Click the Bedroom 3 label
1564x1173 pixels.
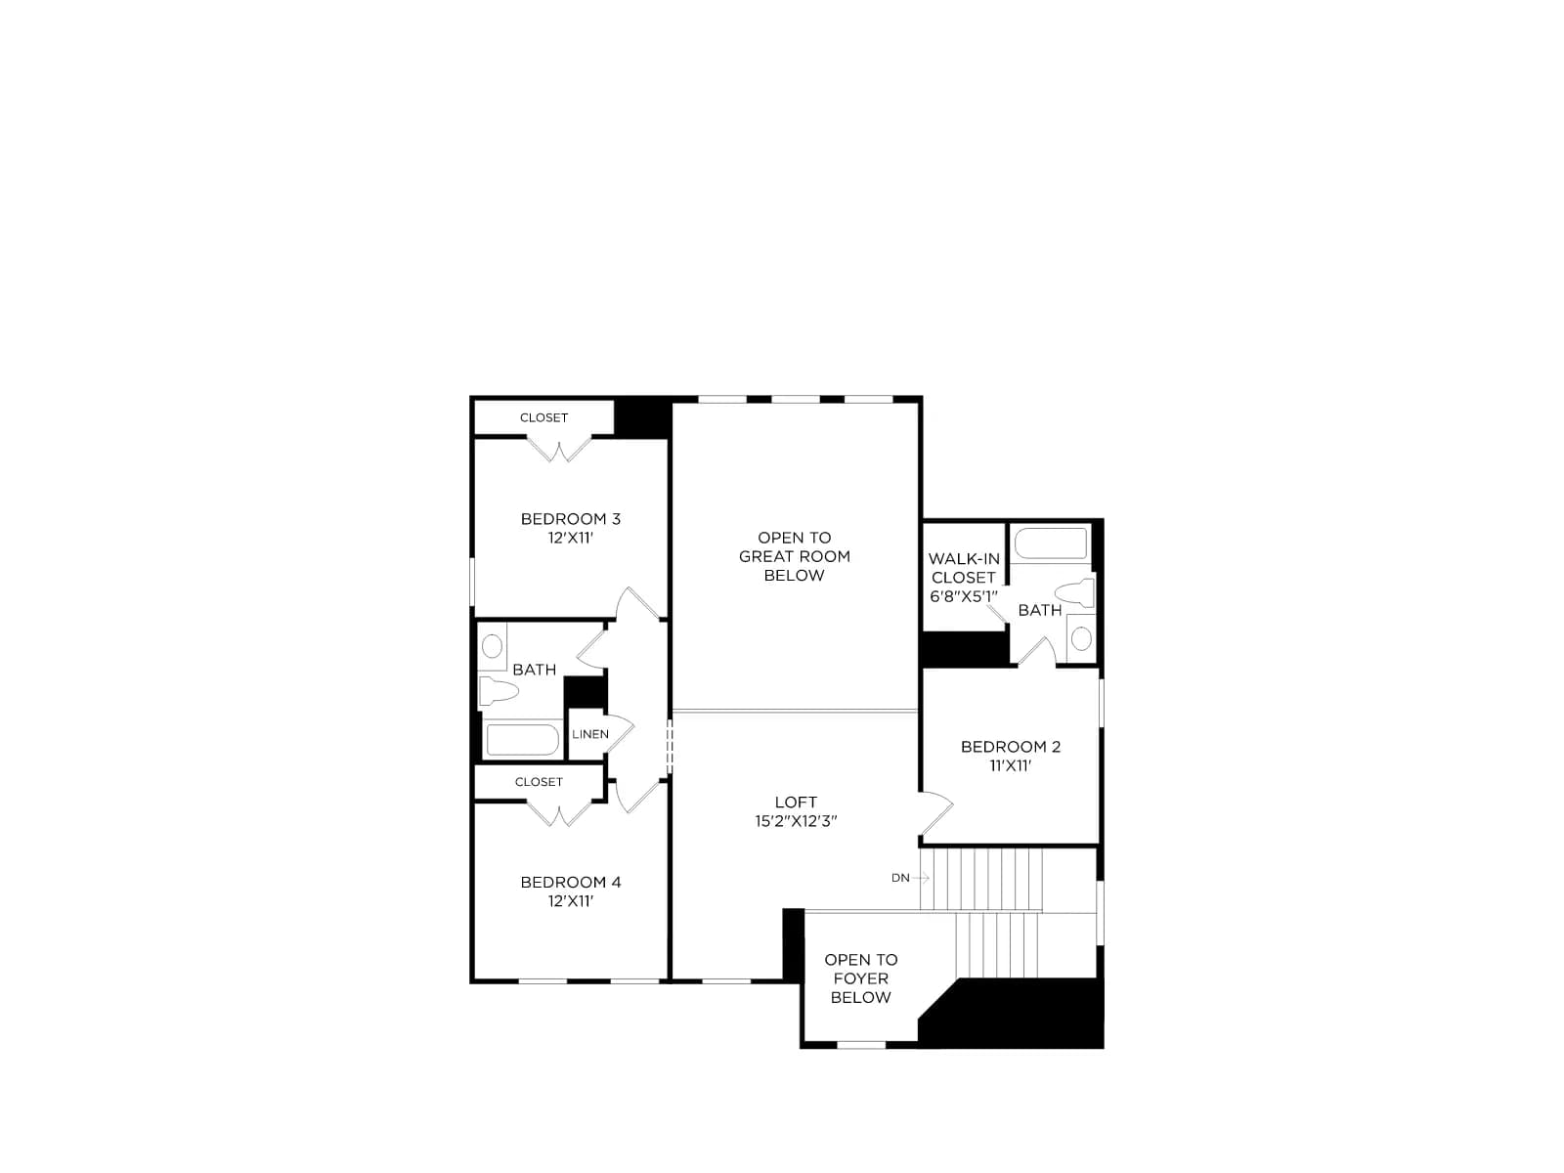tap(570, 519)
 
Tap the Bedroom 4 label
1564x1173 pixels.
tap(570, 883)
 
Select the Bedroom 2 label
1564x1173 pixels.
tap(1011, 747)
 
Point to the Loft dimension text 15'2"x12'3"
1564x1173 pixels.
tap(796, 821)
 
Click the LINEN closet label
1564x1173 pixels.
tap(590, 734)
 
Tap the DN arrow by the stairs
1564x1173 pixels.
tap(920, 878)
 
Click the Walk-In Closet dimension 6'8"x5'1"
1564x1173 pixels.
tap(964, 597)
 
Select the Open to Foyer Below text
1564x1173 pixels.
tap(861, 978)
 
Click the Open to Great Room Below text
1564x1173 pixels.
tap(795, 556)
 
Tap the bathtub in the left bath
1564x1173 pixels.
tap(522, 740)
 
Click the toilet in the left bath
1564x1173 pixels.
tap(498, 690)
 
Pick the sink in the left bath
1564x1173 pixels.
tap(493, 647)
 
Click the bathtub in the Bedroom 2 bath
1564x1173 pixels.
tap(1051, 543)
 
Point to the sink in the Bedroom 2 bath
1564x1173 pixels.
tap(1081, 638)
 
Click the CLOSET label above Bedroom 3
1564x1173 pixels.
tap(543, 418)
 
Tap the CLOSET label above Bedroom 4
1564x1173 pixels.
tap(539, 782)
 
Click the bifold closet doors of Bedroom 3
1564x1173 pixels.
tap(559, 450)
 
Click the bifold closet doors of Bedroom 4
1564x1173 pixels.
tap(559, 814)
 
